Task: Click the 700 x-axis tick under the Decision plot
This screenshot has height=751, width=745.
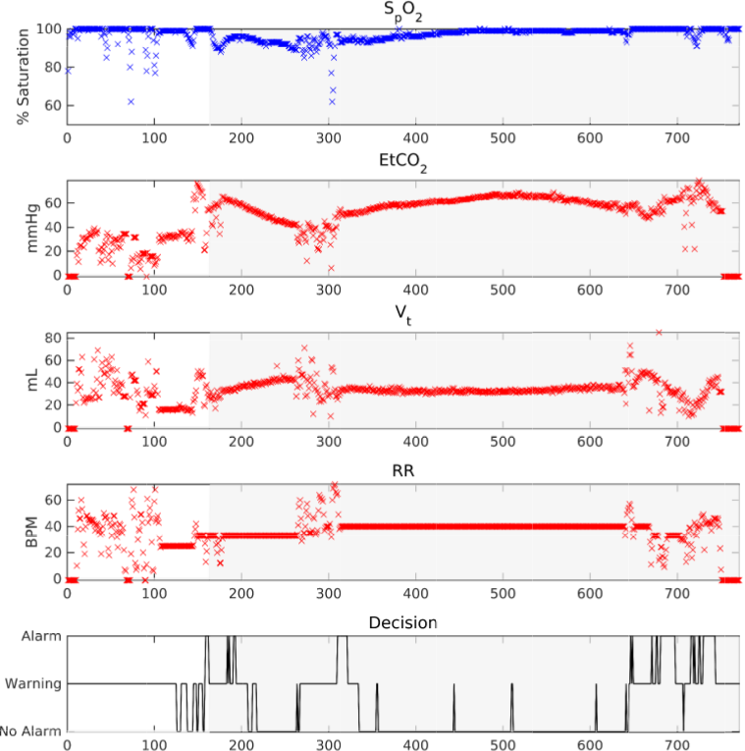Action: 676,744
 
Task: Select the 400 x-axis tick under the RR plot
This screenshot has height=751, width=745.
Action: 415,593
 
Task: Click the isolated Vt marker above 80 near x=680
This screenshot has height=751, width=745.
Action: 660,333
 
